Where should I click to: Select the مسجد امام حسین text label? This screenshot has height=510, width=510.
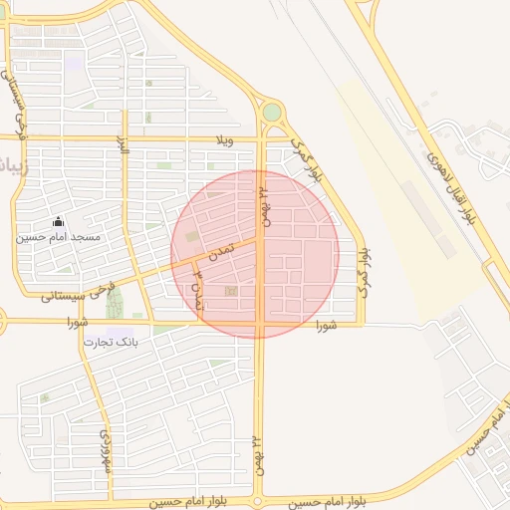[58, 237]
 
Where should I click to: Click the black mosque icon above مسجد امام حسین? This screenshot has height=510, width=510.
[58, 221]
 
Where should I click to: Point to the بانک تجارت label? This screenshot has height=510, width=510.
[112, 342]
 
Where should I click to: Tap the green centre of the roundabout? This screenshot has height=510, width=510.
[271, 113]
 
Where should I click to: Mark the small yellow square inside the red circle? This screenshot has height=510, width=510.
[231, 291]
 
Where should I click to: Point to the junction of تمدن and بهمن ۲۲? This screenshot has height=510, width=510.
[261, 238]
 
